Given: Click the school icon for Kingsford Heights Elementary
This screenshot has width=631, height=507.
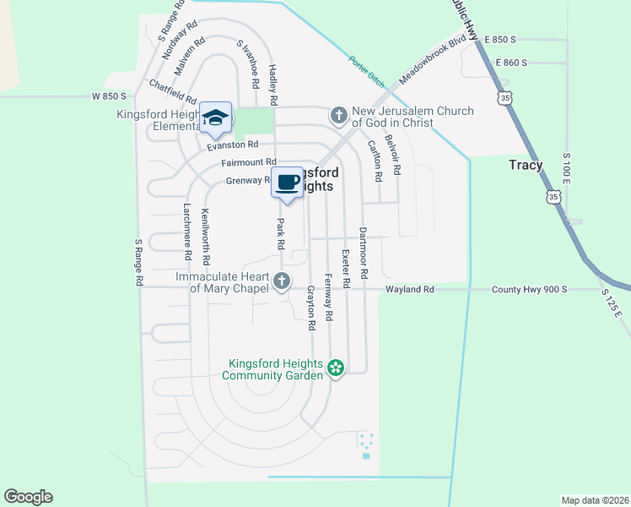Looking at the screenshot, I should (x=215, y=117).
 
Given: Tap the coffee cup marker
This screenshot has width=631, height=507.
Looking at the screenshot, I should (x=287, y=182).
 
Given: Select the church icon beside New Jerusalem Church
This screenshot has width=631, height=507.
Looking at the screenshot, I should (x=338, y=114).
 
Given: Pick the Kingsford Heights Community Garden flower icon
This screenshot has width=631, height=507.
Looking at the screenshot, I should (x=336, y=368).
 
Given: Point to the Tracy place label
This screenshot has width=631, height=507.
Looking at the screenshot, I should (x=526, y=165).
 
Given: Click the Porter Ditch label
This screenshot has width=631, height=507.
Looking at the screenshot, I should (x=367, y=72).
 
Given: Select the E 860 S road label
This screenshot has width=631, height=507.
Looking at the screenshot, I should (x=511, y=63).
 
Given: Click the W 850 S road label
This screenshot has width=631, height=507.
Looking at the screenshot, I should (x=109, y=96).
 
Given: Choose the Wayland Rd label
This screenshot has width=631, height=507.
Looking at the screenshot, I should (x=410, y=289).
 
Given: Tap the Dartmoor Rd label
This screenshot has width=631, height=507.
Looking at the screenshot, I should (x=364, y=253).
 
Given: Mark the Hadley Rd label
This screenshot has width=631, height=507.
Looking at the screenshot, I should (x=272, y=80).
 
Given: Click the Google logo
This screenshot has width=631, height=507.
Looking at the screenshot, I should (x=28, y=497).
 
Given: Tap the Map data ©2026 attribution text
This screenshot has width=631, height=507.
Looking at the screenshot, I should (x=594, y=500).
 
